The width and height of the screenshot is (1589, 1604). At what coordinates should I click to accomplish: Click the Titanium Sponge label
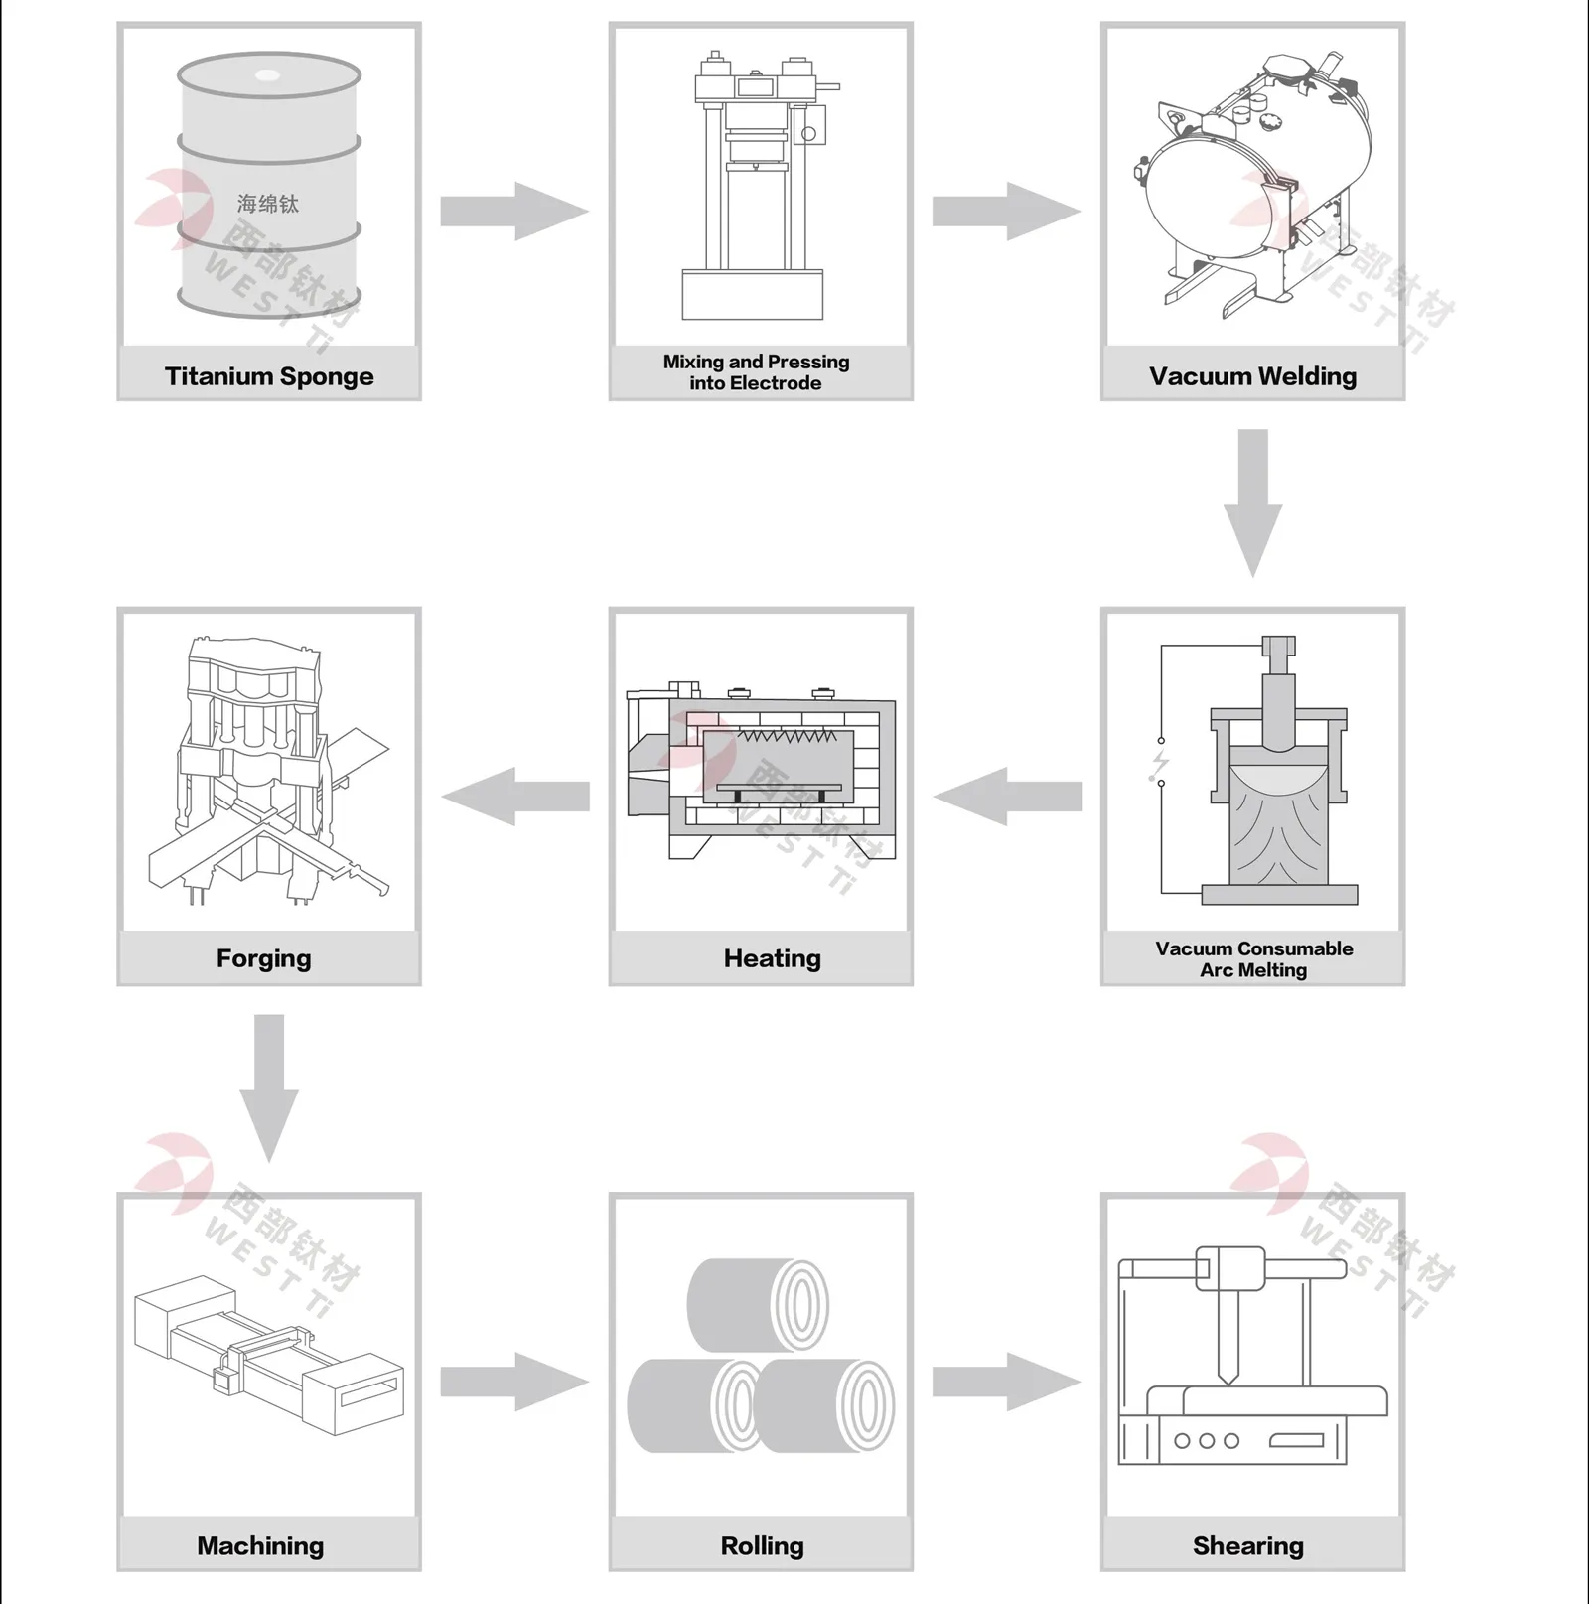(x=269, y=376)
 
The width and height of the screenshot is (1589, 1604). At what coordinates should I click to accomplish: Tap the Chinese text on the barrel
(x=268, y=204)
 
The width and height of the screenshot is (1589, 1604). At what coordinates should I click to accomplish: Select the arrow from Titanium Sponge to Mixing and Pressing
(x=513, y=211)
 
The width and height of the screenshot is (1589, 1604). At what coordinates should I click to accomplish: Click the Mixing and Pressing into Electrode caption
(x=757, y=372)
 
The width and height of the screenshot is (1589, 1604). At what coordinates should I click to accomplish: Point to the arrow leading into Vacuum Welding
(x=1005, y=211)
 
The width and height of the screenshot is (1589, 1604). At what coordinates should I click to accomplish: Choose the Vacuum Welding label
(x=1252, y=376)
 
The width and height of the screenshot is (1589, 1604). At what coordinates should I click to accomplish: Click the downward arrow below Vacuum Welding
(x=1252, y=502)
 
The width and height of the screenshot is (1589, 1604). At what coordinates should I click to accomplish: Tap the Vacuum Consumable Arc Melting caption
(x=1253, y=959)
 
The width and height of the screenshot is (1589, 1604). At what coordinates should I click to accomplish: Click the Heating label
(x=772, y=958)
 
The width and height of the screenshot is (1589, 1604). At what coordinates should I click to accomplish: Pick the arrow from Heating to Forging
(x=515, y=796)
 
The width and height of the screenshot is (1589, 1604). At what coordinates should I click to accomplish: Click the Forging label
(x=264, y=958)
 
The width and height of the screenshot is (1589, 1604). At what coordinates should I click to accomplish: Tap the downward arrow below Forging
(x=269, y=1087)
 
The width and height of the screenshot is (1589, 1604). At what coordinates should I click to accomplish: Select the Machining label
(x=260, y=1545)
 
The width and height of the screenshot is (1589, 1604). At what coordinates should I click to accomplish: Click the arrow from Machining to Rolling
(x=513, y=1381)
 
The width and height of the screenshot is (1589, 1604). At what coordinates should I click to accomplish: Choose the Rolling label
(x=762, y=1545)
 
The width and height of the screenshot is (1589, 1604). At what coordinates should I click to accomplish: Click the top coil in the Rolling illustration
(x=758, y=1304)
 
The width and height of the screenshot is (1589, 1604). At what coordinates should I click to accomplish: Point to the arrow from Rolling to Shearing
(x=1005, y=1381)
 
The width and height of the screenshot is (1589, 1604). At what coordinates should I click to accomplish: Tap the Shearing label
(x=1248, y=1545)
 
